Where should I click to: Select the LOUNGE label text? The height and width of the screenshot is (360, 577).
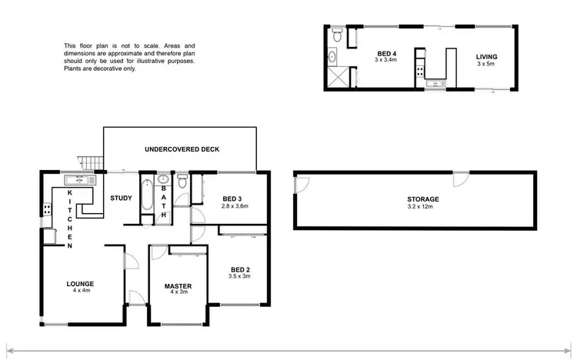point(80,284)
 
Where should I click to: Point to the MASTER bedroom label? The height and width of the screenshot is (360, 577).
point(178,286)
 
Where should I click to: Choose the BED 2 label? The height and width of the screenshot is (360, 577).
point(240,269)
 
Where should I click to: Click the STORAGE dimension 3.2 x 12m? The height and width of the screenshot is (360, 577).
point(422,206)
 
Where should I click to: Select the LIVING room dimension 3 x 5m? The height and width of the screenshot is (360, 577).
point(486,63)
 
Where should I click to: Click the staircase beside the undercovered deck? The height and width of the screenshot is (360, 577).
point(92,162)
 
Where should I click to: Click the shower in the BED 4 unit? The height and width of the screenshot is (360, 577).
point(336,78)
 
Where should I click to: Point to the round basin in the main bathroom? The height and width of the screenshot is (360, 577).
point(163,182)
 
